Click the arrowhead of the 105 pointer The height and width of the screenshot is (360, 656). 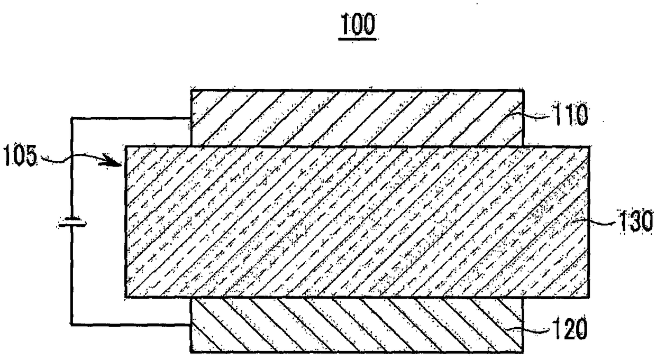click(118, 163)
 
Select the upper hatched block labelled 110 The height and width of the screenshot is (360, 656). click(357, 117)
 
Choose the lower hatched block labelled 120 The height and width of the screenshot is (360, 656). click(357, 325)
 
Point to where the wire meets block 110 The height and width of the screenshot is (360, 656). click(190, 119)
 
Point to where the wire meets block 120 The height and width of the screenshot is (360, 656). click(190, 324)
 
